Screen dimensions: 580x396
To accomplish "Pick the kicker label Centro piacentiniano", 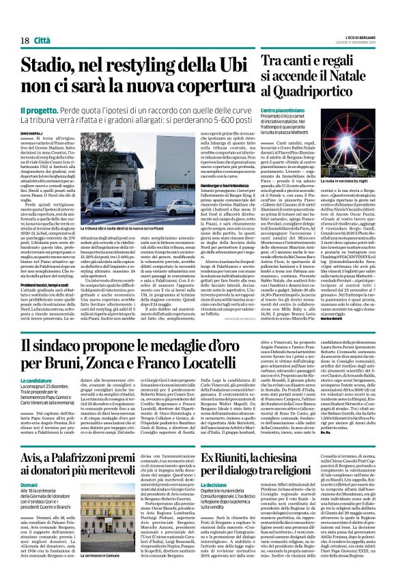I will point(280,110).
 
